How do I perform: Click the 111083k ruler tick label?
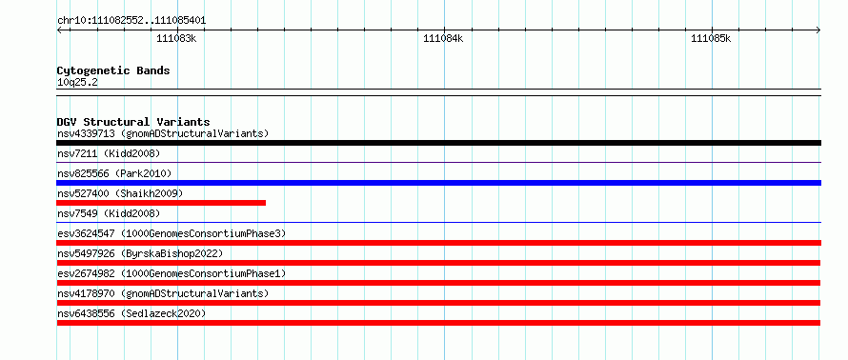176,38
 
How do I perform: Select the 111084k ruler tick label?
443,38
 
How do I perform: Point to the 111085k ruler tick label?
711,38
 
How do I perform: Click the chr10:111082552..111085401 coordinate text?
131,21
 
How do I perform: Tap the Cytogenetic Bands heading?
113,70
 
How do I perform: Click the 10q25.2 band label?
77,83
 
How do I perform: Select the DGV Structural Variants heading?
133,122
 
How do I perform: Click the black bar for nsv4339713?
438,143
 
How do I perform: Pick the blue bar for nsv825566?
438,183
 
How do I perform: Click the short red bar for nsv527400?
161,203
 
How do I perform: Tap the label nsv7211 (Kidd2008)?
109,154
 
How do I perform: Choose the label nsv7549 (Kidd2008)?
109,214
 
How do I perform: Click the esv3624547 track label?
171,234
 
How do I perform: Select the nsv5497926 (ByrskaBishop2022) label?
139,254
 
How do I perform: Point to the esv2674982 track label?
171,274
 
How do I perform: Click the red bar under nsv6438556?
438,323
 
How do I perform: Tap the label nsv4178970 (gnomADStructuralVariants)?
163,294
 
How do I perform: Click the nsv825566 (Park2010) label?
114,174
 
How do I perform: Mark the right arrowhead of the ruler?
818,30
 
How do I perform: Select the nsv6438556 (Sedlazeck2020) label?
131,314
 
